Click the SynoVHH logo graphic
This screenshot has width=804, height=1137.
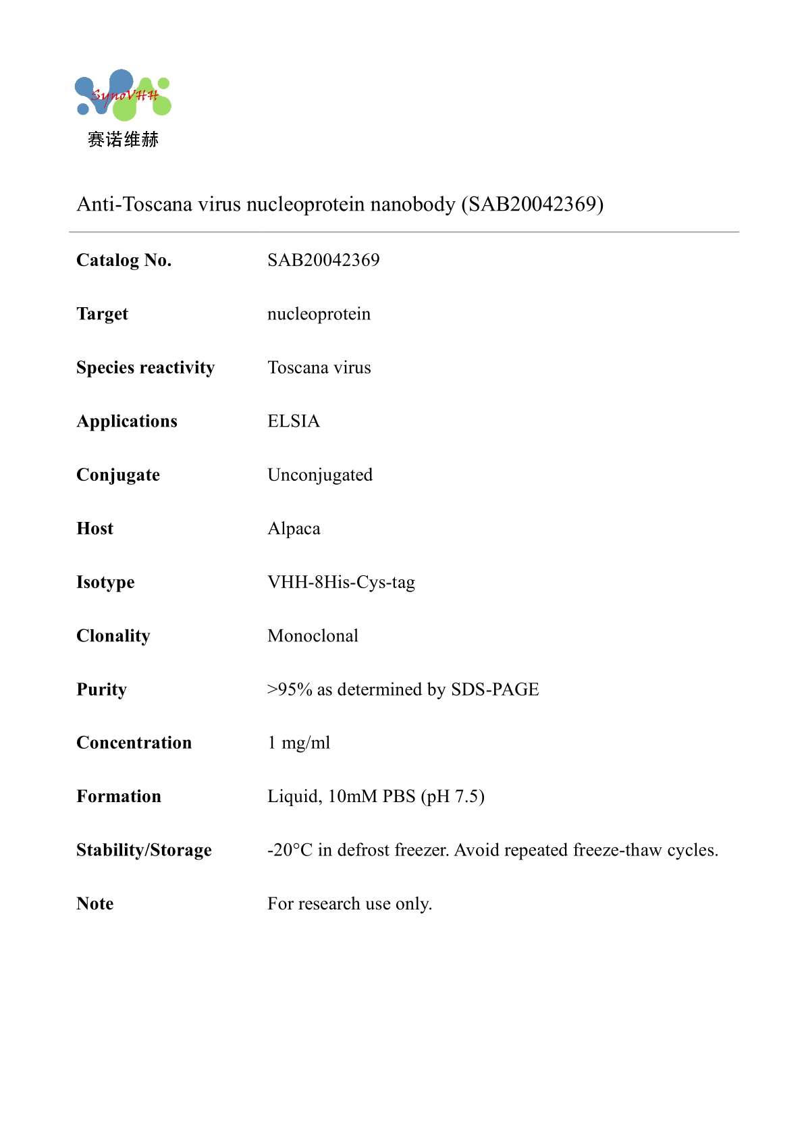122,95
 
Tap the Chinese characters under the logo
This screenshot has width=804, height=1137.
123,140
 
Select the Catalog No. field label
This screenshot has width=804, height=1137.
124,261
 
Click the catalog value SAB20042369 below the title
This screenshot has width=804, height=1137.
323,261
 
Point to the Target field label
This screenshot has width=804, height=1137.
102,314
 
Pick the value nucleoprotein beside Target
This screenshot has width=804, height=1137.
319,314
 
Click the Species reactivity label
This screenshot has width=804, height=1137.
145,368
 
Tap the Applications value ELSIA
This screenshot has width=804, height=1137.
294,421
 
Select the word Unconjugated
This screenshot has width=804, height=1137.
320,475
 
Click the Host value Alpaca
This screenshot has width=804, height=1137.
294,529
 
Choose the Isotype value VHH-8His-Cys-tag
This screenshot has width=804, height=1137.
341,582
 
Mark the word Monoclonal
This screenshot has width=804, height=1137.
313,636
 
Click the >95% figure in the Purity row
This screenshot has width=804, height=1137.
290,689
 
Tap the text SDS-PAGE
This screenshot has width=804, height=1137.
495,689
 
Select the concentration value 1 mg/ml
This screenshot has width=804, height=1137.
299,743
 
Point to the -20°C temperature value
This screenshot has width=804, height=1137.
290,850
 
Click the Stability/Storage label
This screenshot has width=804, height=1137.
144,850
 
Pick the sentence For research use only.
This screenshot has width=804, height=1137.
350,904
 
